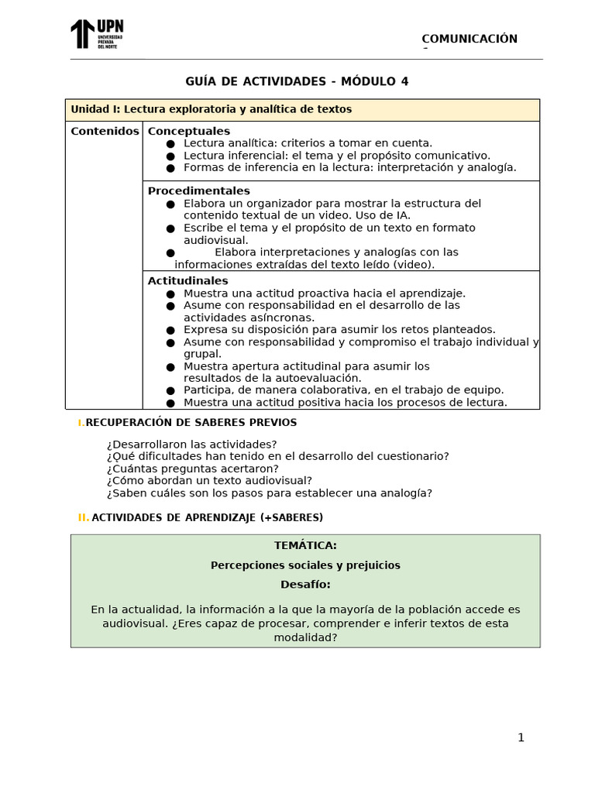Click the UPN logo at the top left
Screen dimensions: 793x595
pyautogui.click(x=96, y=34)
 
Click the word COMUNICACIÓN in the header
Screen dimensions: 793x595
pyautogui.click(x=469, y=39)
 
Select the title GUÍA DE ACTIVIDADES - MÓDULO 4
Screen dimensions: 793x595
pyautogui.click(x=297, y=81)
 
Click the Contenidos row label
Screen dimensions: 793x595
pyautogui.click(x=105, y=131)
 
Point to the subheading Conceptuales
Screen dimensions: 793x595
pyautogui.click(x=189, y=131)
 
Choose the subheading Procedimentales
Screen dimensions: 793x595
pyautogui.click(x=198, y=191)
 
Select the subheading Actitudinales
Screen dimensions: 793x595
pyautogui.click(x=187, y=280)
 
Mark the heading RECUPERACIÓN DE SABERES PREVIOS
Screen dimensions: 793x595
pyautogui.click(x=191, y=422)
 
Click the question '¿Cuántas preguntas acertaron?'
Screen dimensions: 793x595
pyautogui.click(x=193, y=469)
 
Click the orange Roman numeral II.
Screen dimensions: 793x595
pyautogui.click(x=83, y=517)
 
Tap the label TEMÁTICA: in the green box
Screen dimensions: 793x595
pyautogui.click(x=305, y=545)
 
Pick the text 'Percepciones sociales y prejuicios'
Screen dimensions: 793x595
pyautogui.click(x=305, y=565)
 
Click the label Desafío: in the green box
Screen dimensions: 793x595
pyautogui.click(x=305, y=585)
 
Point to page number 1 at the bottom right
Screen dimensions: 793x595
pyautogui.click(x=521, y=737)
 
